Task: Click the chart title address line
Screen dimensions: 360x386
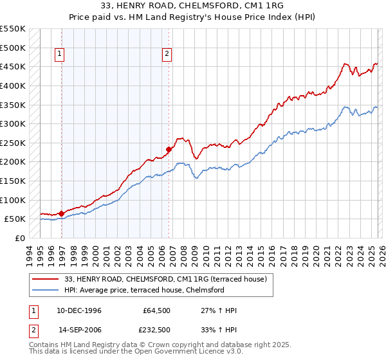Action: coord(192,6)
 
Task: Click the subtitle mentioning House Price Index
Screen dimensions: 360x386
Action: coord(192,17)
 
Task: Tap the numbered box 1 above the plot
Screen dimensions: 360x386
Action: coord(59,55)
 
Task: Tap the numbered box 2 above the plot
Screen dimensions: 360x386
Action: coord(167,55)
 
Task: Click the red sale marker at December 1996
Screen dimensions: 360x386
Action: coord(62,213)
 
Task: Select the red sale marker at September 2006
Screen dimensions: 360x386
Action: coord(169,149)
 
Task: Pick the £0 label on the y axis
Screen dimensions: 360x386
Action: coord(19,238)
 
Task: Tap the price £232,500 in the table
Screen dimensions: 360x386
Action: coord(157,330)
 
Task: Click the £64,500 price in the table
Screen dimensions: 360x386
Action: coord(157,310)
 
